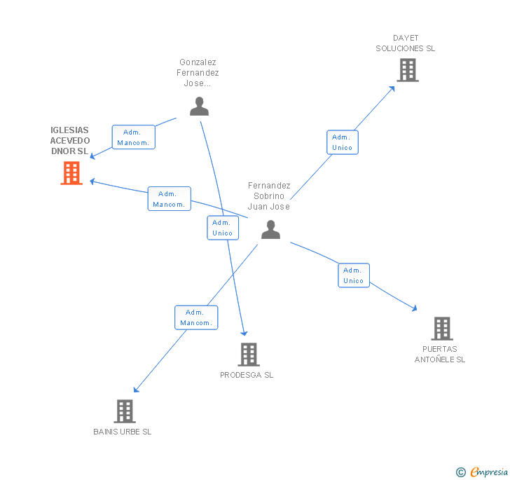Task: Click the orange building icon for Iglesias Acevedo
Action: point(71,173)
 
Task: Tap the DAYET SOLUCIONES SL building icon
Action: point(408,70)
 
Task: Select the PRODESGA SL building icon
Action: point(249,355)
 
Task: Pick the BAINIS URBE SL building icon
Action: point(124,411)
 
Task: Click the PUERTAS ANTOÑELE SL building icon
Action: point(441,328)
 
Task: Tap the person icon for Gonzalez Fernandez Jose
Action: point(200,107)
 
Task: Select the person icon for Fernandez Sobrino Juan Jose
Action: point(270,229)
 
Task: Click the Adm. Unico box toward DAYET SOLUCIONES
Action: point(343,142)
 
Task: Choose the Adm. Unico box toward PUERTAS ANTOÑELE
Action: point(354,275)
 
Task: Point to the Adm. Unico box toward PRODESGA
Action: point(223,228)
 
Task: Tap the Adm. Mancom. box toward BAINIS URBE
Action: point(196,317)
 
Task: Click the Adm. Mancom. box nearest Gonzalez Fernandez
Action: point(133,137)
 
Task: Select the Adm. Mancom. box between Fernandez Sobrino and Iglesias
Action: point(169,199)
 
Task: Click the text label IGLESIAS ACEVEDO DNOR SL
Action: point(70,141)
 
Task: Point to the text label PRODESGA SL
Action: point(247,375)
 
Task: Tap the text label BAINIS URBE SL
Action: point(123,432)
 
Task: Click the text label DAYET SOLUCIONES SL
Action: point(406,43)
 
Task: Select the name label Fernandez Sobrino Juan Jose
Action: point(269,196)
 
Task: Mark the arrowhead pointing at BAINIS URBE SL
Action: point(136,390)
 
